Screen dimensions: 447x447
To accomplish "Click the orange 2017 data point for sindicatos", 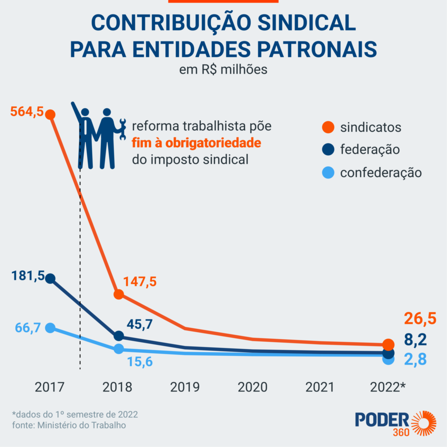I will coord(50,114).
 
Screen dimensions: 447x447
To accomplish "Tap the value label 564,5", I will coord(27,112).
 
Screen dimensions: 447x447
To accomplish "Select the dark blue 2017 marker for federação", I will coord(50,278).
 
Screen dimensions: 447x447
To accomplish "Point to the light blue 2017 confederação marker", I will coord(50,328).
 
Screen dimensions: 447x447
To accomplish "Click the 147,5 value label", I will coord(140,282).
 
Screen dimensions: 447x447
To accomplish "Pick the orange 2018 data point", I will coord(118,294).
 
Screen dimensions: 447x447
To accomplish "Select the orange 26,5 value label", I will coord(419,319).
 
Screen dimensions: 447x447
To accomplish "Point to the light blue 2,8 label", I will coord(415,359).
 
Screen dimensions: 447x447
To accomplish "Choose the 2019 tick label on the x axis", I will coord(185,387).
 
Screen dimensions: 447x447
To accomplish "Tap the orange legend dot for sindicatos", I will coord(327,127).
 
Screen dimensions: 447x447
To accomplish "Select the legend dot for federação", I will coord(327,150).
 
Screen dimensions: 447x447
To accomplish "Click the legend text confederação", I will coord(381,173).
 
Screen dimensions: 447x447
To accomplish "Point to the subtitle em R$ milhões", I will coord(223,70).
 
